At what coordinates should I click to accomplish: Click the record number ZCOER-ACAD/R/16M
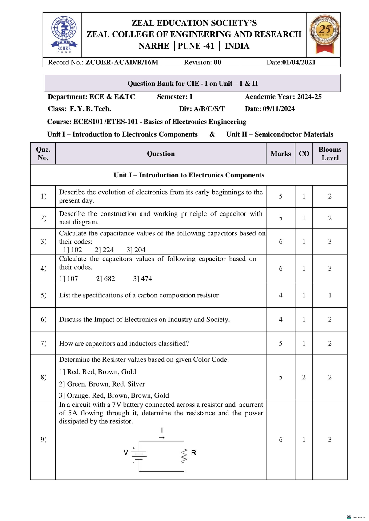(121, 62)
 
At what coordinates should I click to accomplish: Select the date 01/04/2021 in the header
(299, 62)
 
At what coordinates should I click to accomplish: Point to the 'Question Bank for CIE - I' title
(192, 84)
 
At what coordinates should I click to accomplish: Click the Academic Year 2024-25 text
(283, 97)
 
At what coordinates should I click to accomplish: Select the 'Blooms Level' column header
(330, 154)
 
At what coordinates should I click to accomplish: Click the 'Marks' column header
(280, 154)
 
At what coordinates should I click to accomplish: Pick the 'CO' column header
(304, 154)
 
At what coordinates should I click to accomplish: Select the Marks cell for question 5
(280, 295)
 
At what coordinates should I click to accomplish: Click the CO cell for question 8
(304, 377)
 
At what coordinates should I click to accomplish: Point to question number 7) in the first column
(43, 343)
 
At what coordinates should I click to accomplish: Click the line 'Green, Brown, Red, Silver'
(102, 384)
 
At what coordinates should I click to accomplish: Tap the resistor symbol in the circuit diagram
(184, 456)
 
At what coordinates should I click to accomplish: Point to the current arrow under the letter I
(162, 437)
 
